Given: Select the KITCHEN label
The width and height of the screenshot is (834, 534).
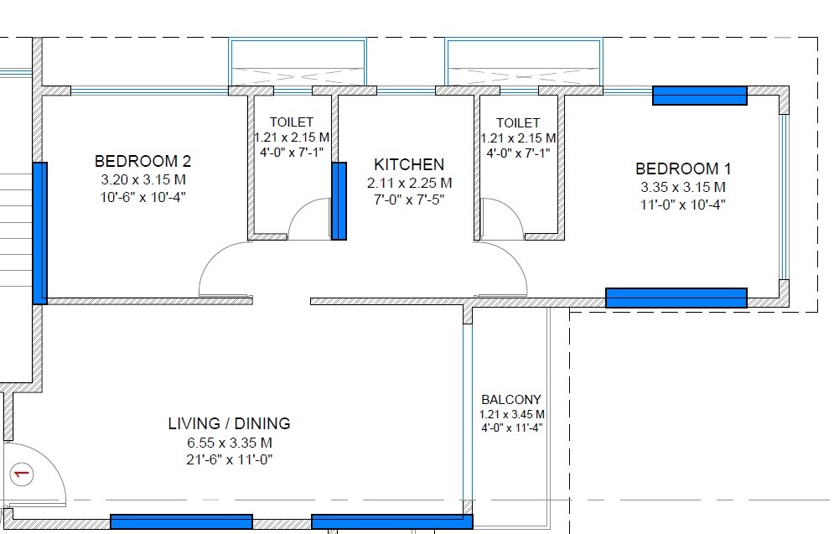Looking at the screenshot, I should point(409,164).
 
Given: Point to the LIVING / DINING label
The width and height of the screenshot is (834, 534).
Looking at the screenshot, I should point(229,424).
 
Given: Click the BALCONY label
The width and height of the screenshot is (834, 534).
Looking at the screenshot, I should point(511,400).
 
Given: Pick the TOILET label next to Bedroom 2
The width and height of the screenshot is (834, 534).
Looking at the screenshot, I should point(291,122).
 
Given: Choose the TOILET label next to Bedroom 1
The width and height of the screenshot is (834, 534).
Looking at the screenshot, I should point(517,123).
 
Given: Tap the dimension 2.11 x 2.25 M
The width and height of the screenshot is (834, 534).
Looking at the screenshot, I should point(409,183).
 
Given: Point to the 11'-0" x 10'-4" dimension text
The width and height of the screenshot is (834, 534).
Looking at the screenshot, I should point(682,204).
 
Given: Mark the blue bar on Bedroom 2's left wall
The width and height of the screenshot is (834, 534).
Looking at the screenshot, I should point(39,233).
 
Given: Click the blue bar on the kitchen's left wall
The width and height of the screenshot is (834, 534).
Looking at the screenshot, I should point(339,202).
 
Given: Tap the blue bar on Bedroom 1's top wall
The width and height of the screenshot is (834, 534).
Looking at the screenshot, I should point(700,96).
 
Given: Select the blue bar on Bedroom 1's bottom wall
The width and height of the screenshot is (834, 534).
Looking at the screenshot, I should point(676,298).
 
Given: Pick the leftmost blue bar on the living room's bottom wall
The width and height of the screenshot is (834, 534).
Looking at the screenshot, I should point(181,521).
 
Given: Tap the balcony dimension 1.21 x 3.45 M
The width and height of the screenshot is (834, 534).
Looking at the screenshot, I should point(512,414).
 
